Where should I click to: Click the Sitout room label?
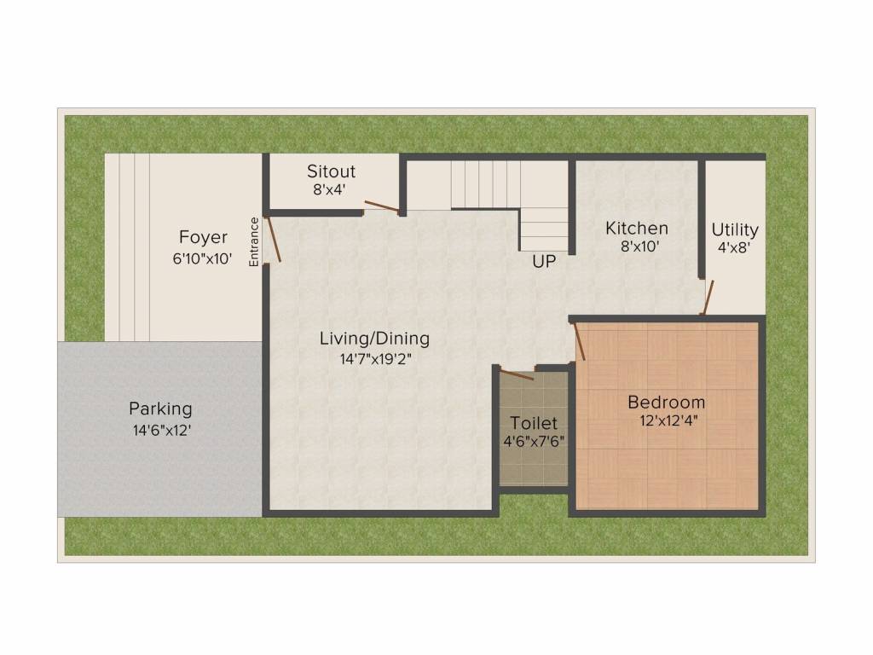(331, 171)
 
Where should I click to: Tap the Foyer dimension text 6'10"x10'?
(202, 258)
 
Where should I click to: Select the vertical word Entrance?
(254, 241)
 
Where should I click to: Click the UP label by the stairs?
(543, 261)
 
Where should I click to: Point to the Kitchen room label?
(637, 228)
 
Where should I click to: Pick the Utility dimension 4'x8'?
(734, 247)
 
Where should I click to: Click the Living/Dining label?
(375, 338)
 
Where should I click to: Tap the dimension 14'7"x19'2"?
(376, 359)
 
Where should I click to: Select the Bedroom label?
(667, 402)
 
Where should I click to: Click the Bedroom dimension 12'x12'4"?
(668, 420)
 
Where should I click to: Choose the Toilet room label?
(534, 423)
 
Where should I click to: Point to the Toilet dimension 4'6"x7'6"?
(534, 441)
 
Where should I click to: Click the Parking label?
(160, 409)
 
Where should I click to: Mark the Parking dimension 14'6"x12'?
(161, 430)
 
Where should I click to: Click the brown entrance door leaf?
(273, 239)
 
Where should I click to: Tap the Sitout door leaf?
(382, 206)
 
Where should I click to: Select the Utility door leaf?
(707, 298)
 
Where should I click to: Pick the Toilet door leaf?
(517, 374)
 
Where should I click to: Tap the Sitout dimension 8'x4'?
(330, 189)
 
